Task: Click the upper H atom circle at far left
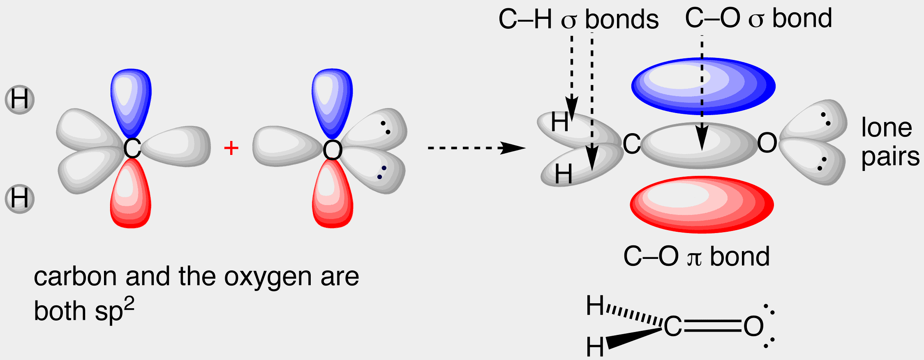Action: point(19,99)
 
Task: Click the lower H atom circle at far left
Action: point(19,198)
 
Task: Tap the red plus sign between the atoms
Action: point(231,148)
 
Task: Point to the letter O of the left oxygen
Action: point(333,150)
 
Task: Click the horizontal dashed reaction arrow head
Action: point(514,148)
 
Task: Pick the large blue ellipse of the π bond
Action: point(703,86)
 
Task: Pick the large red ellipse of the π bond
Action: point(702,204)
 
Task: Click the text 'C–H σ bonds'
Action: point(578,19)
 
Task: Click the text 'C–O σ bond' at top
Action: point(758,18)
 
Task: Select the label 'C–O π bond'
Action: point(696,256)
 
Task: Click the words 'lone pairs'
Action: point(890,142)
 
